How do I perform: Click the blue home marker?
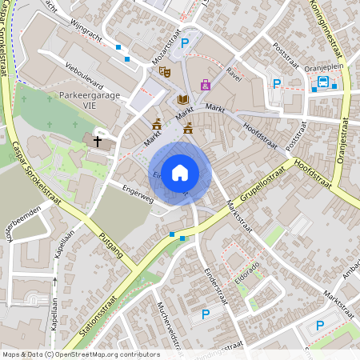tap(180, 173)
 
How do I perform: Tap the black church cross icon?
tap(98, 141)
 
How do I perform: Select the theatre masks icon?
tap(165, 72)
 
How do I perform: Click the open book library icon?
tap(183, 98)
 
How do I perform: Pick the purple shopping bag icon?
tap(206, 85)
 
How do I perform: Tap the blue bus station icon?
tap(323, 82)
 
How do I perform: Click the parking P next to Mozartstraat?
tap(185, 43)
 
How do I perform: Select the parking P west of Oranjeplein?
tap(278, 83)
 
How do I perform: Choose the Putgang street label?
tap(106, 243)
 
